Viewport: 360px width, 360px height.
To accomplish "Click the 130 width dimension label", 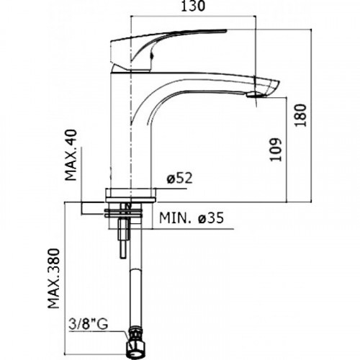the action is click(x=193, y=6).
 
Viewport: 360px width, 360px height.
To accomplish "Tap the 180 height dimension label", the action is click(x=300, y=115).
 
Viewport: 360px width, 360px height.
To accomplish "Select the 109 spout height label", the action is click(x=275, y=150).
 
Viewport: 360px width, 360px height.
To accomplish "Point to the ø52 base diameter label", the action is click(x=180, y=179).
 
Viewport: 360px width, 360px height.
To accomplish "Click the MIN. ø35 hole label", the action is click(x=192, y=218).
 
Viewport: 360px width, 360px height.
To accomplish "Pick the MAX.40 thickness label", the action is click(x=71, y=155).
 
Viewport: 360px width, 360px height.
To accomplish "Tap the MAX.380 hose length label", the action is click(x=53, y=279).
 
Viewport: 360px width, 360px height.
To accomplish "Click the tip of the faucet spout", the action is click(x=279, y=83).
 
